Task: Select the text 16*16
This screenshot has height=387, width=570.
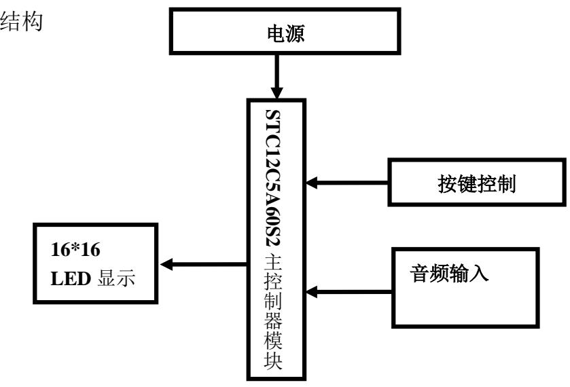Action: point(79,249)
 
